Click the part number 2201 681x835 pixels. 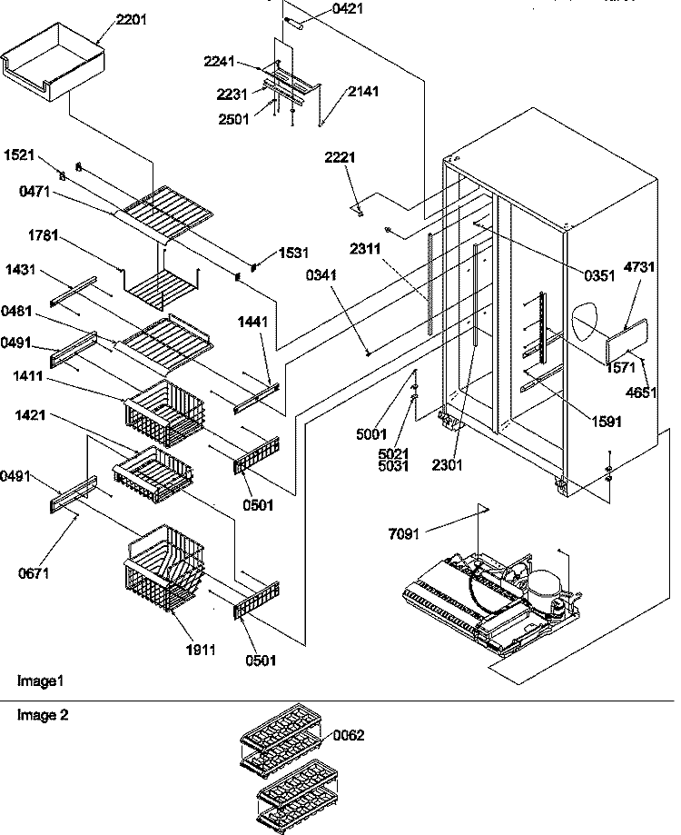[132, 20]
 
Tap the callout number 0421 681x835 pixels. [348, 8]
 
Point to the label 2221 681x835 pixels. [340, 157]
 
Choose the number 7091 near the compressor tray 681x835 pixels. [404, 533]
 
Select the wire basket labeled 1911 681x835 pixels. [163, 569]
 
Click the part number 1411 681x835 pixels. [28, 376]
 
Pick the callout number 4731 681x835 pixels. [639, 267]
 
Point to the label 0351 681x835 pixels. [599, 275]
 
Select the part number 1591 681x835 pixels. [607, 422]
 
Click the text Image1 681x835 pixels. [41, 681]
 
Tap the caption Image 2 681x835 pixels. [43, 715]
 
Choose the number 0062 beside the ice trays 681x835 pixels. [349, 735]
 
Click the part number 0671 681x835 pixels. [33, 573]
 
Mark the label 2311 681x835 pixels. [365, 249]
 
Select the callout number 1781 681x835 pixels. [43, 234]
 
